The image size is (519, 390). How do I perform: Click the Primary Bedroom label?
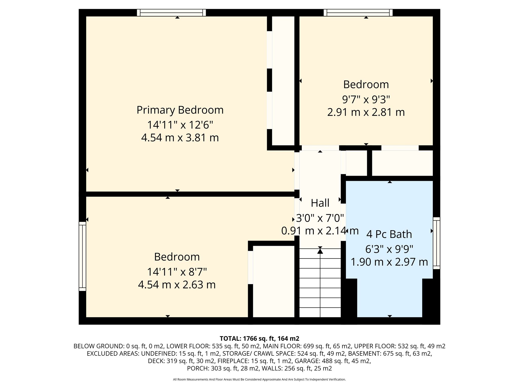click(x=180, y=110)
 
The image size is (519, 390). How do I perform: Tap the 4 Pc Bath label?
click(x=389, y=234)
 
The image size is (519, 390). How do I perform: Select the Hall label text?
click(x=320, y=203)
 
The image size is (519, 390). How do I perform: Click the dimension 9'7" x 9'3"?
click(x=366, y=100)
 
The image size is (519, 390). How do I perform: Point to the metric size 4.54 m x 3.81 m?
click(x=180, y=138)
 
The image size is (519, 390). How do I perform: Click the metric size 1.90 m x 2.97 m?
click(x=389, y=262)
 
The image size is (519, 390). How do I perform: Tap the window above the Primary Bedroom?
click(x=171, y=13)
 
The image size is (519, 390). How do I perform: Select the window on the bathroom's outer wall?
click(x=436, y=243)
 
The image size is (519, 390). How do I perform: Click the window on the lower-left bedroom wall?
click(x=82, y=256)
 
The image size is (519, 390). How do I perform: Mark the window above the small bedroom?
click(x=358, y=13)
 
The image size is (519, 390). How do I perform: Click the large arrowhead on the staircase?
click(x=320, y=251)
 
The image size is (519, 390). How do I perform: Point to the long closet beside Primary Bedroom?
click(x=283, y=81)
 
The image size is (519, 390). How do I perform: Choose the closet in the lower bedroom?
click(x=274, y=281)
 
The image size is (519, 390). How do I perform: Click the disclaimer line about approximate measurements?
click(x=259, y=380)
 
